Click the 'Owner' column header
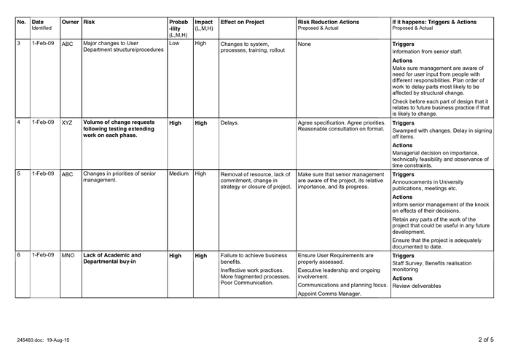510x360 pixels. point(70,23)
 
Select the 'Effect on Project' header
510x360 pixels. point(244,23)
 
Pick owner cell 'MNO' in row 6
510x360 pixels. point(68,257)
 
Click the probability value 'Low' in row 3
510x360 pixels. point(174,44)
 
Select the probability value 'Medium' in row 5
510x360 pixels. point(178,174)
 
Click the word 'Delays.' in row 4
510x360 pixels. point(231,123)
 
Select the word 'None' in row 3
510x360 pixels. point(305,44)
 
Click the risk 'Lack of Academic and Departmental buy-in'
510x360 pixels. point(112,259)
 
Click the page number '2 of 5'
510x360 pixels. point(486,340)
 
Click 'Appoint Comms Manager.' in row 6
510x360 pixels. point(330,294)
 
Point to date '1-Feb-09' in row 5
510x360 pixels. point(43,174)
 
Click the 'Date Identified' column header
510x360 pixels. point(42,26)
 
